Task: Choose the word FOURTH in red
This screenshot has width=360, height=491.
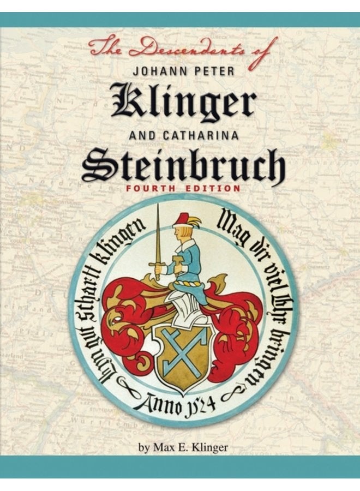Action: pos(151,188)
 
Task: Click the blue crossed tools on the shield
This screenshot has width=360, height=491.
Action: pos(180,349)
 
